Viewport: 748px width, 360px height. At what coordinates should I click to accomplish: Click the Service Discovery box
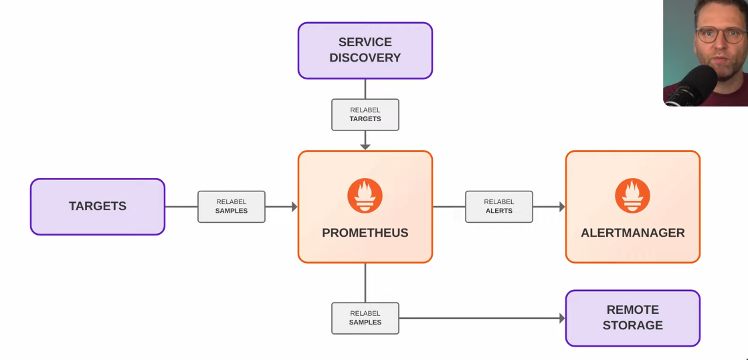(365, 50)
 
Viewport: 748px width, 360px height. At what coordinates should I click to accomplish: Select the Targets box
(98, 206)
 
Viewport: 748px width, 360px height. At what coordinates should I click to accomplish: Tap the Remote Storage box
(632, 318)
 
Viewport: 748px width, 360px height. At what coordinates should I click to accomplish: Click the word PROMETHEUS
(365, 233)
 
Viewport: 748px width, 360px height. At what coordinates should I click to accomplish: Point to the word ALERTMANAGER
(632, 233)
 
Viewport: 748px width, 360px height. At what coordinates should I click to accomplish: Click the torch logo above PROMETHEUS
(365, 195)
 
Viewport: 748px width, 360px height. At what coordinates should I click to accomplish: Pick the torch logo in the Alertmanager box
(632, 195)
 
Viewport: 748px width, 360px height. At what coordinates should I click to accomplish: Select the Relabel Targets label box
(365, 114)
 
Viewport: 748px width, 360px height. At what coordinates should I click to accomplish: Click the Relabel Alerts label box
(498, 206)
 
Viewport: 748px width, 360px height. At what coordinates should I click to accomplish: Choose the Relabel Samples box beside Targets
(231, 206)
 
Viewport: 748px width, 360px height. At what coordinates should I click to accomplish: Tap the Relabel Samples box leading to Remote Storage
(365, 318)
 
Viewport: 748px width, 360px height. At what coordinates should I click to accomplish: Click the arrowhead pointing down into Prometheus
(365, 146)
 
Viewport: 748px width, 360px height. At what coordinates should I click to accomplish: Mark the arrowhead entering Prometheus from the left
(293, 207)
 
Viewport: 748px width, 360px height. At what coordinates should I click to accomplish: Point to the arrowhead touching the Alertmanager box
(561, 207)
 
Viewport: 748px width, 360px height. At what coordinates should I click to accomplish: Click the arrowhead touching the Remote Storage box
(561, 319)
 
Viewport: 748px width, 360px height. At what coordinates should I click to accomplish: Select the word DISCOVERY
(365, 58)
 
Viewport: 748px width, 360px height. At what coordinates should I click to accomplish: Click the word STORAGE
(632, 326)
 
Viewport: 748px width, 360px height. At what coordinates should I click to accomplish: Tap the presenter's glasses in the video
(713, 35)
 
